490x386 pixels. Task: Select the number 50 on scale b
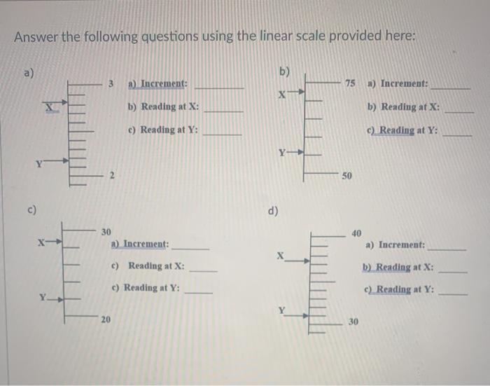coord(346,174)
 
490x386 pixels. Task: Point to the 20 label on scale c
coord(105,320)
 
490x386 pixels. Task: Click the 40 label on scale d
coord(356,233)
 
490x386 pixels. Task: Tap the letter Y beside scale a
coord(41,165)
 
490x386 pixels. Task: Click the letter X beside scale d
coord(281,256)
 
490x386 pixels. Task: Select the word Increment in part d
coord(401,245)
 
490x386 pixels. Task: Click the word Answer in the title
coord(36,37)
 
